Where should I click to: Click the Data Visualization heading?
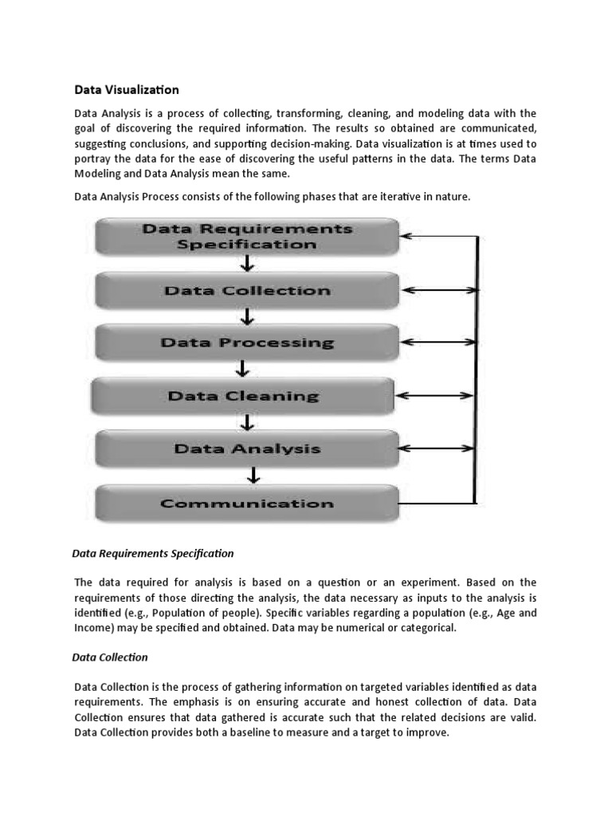[x=127, y=89]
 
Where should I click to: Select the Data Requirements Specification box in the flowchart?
[x=247, y=237]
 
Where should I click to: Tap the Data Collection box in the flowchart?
[x=247, y=291]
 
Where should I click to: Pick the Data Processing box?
[x=247, y=343]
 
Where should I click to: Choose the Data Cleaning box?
[x=243, y=396]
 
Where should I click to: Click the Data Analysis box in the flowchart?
[x=247, y=449]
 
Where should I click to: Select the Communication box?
[x=247, y=504]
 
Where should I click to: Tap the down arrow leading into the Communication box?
[x=253, y=477]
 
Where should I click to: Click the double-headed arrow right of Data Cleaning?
[x=435, y=396]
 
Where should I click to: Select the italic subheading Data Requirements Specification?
[x=153, y=552]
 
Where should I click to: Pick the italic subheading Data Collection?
[x=110, y=657]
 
